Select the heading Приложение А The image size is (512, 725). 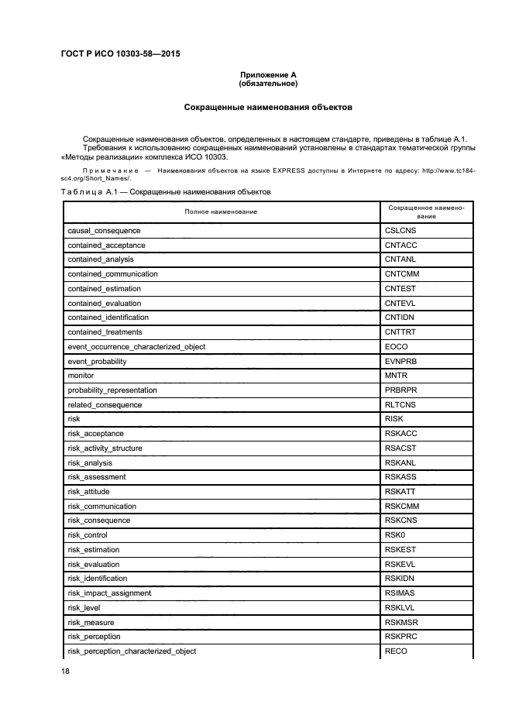(268, 74)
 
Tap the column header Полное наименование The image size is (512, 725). (221, 211)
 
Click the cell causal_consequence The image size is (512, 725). (104, 231)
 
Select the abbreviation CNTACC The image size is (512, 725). (401, 246)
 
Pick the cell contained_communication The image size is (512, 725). (112, 274)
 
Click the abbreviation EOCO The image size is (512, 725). (396, 346)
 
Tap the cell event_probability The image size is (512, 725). (97, 361)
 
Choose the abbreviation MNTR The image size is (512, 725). (396, 376)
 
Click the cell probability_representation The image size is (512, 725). (112, 390)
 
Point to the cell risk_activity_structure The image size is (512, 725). (108, 448)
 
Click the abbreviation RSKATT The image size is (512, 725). (400, 492)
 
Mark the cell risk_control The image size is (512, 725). (88, 535)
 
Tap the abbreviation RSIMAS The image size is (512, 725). (400, 593)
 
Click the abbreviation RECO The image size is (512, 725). (396, 651)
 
